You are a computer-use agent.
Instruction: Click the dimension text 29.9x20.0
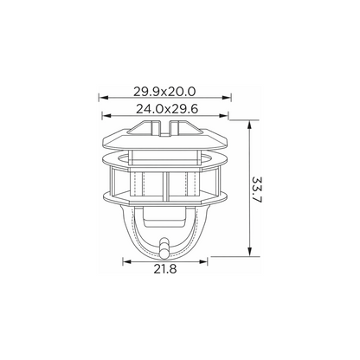click(x=164, y=92)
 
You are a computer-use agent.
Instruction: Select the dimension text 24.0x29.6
click(x=167, y=109)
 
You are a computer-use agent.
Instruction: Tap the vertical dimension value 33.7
click(x=256, y=190)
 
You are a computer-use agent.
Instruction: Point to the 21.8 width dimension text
click(x=165, y=269)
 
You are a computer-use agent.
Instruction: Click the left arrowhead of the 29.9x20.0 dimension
click(x=103, y=98)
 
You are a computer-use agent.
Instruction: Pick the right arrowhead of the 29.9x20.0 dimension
click(x=227, y=98)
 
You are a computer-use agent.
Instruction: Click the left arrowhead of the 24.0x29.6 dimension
click(x=106, y=116)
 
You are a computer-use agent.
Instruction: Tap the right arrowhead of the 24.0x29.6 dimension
click(x=223, y=116)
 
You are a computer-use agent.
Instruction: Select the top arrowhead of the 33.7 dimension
click(x=250, y=125)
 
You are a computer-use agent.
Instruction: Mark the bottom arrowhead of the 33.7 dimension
click(x=250, y=252)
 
